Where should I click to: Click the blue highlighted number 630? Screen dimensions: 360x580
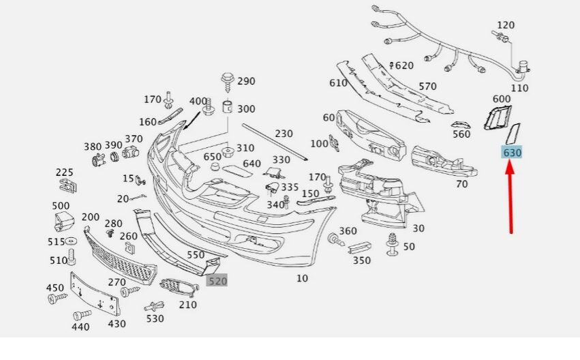click(512, 153)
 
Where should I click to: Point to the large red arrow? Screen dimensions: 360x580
click(510, 198)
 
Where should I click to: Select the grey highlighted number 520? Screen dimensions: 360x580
click(217, 280)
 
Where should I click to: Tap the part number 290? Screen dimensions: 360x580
click(246, 81)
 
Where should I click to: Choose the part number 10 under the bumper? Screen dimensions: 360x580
click(302, 278)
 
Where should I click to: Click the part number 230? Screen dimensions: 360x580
click(284, 134)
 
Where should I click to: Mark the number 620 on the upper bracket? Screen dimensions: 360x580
click(404, 65)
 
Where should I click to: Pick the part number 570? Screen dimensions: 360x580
click(427, 87)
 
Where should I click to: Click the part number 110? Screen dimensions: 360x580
click(520, 88)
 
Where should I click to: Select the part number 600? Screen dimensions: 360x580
click(502, 99)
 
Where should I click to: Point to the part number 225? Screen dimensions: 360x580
click(64, 172)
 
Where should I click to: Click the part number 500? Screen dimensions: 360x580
click(61, 206)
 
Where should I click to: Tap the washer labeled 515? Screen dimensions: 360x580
click(71, 242)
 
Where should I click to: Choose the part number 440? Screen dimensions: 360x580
click(80, 327)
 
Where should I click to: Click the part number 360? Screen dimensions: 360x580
click(348, 231)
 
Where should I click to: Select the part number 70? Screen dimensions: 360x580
click(461, 183)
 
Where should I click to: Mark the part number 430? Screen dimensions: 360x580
click(117, 324)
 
